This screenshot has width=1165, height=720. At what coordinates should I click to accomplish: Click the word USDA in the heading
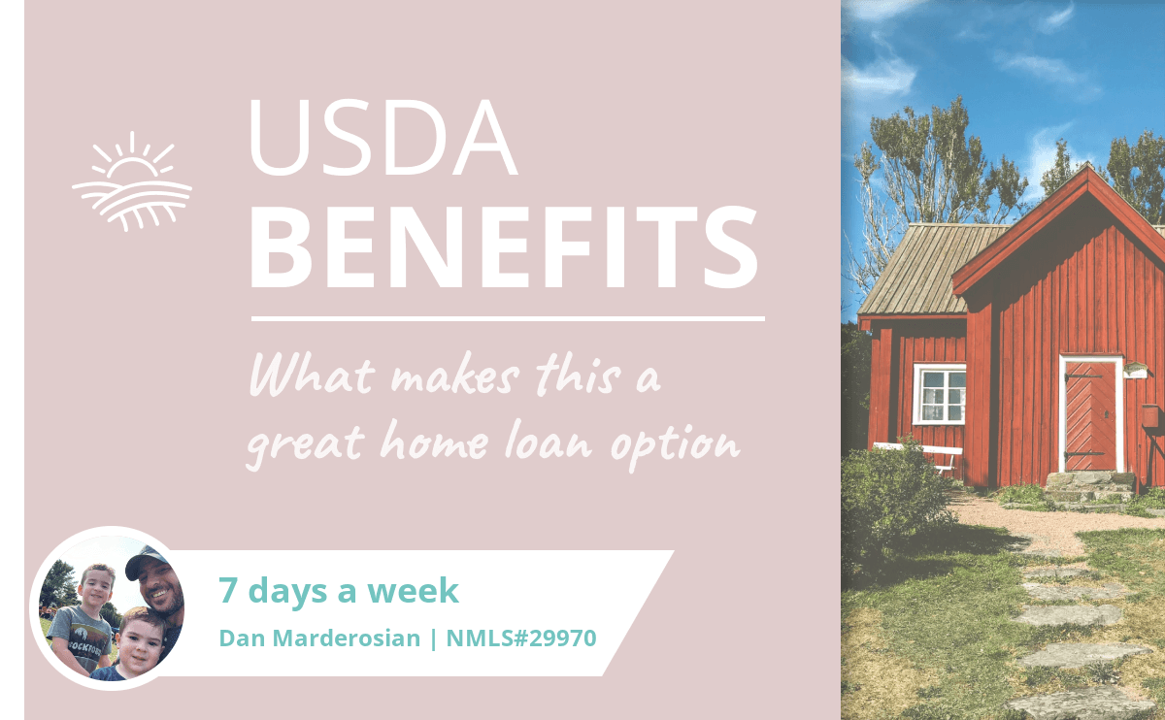click(383, 138)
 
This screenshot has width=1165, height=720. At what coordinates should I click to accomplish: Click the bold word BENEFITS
click(504, 246)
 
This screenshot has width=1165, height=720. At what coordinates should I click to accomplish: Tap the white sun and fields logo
click(132, 180)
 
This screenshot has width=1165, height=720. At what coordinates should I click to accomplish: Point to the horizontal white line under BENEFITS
click(508, 318)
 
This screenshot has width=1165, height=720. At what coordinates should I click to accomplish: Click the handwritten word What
click(312, 375)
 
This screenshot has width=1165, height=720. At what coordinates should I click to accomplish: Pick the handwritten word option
click(675, 445)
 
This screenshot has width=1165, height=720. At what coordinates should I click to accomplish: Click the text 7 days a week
click(339, 591)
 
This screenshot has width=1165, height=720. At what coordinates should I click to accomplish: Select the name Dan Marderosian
click(319, 638)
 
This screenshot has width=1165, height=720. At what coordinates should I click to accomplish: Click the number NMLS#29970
click(521, 638)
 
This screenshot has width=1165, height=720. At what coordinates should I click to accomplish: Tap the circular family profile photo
click(111, 608)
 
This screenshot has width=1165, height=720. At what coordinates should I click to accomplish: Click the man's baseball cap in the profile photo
click(147, 561)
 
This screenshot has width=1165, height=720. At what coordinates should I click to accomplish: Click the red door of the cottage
click(1090, 415)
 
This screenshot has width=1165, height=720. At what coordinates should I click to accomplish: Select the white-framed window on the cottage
click(940, 394)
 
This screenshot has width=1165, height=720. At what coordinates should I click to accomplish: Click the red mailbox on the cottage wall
click(1149, 416)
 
